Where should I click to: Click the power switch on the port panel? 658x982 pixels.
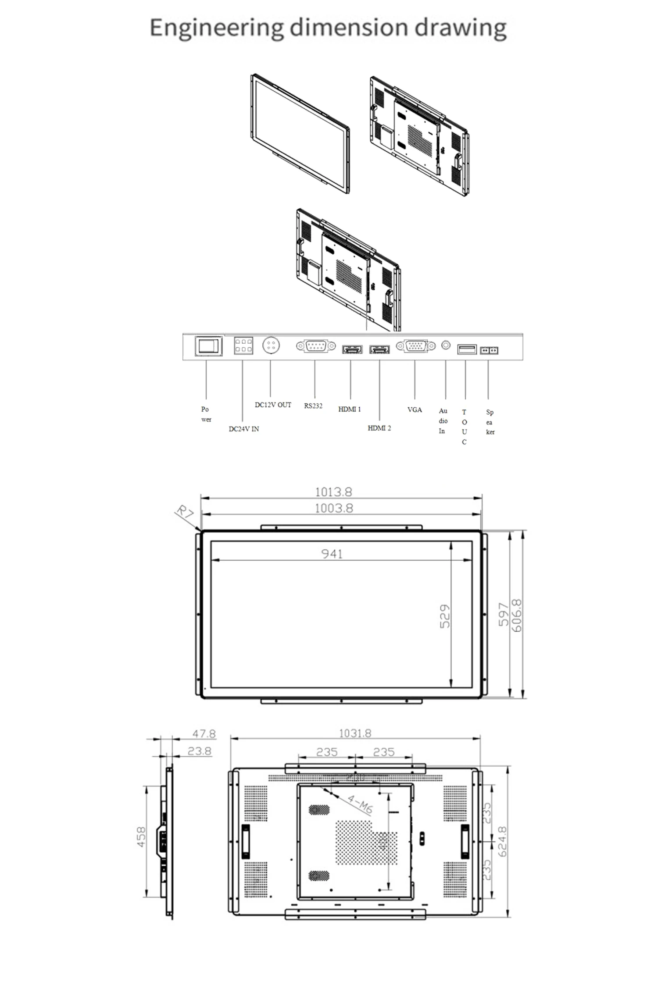(208, 346)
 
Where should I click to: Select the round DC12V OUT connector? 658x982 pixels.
(271, 345)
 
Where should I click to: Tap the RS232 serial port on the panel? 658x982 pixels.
(316, 346)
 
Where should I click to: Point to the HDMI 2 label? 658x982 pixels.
(379, 428)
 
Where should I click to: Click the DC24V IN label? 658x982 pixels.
(244, 429)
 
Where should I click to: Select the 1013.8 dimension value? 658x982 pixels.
(333, 492)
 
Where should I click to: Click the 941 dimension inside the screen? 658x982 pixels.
(332, 554)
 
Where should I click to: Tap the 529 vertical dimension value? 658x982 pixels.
(445, 616)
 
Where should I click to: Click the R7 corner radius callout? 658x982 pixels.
(184, 512)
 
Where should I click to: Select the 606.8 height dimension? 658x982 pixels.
(518, 616)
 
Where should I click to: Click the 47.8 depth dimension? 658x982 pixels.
(204, 734)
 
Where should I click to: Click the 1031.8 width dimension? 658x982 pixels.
(355, 733)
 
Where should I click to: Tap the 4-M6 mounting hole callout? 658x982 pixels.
(360, 804)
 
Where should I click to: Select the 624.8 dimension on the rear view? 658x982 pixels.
(503, 841)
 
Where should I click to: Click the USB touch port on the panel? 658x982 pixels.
(467, 349)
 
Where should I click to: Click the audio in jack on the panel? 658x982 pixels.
(446, 345)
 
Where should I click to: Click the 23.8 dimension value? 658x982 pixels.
(200, 751)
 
